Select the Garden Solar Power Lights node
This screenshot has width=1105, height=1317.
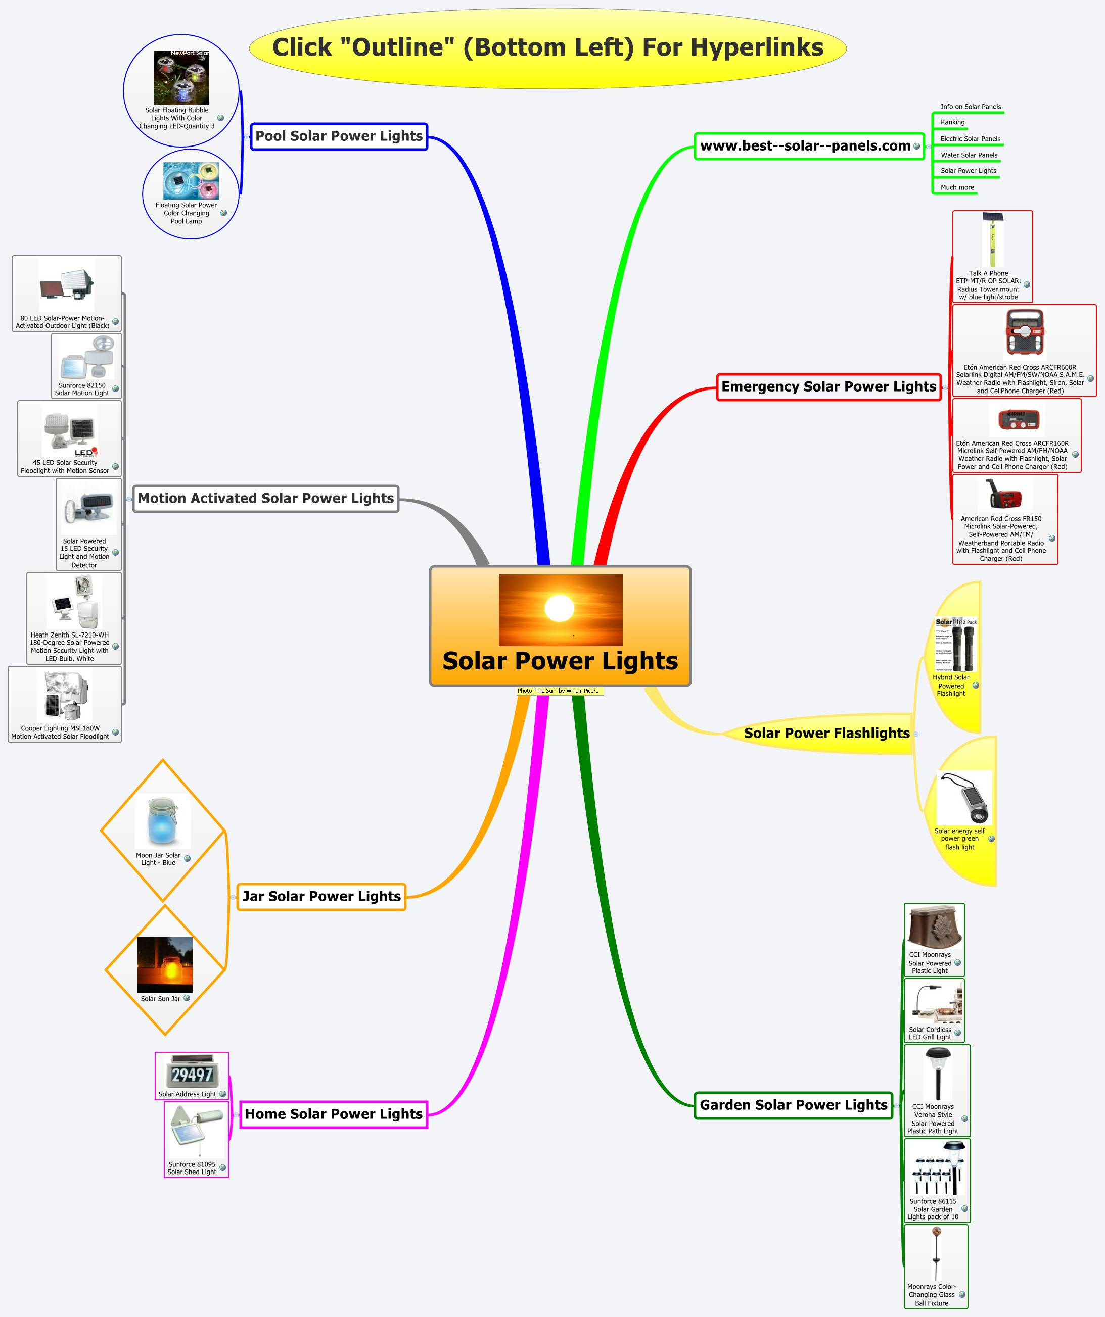(x=794, y=1105)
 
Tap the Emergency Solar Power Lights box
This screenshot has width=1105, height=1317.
(x=828, y=387)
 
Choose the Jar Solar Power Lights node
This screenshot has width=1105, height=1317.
(x=321, y=896)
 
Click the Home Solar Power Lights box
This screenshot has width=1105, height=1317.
(x=333, y=1114)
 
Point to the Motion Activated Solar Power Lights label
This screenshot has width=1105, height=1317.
(x=265, y=499)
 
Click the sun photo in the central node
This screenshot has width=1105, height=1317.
(x=561, y=610)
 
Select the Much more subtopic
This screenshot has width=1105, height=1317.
(x=957, y=187)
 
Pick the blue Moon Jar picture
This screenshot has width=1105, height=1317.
(x=163, y=821)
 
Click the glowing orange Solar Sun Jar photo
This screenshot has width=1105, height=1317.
(x=165, y=964)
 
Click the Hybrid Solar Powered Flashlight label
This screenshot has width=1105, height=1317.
(x=951, y=686)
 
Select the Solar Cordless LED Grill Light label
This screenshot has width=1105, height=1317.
(x=930, y=1033)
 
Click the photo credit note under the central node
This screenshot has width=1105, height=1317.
(x=559, y=691)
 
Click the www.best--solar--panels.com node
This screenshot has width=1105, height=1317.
(x=805, y=146)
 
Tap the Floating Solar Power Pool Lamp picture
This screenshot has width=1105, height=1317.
(x=191, y=181)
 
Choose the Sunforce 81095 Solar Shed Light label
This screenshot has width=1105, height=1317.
(x=192, y=1168)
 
